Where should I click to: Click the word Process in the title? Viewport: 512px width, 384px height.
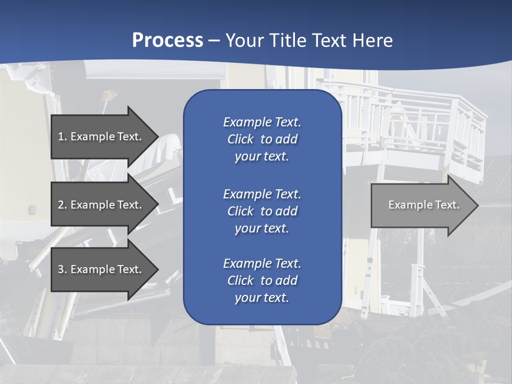click(167, 41)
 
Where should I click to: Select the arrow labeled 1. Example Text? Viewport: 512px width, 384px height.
click(101, 137)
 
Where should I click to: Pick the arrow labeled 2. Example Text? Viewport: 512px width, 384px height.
click(101, 205)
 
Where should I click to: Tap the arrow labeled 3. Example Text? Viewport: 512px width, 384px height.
click(101, 269)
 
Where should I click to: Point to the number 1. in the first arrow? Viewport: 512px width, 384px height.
click(62, 137)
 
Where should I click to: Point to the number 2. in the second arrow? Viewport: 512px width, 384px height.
click(62, 205)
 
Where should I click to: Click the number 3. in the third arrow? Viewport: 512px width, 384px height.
click(62, 269)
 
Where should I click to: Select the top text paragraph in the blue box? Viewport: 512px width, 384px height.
click(262, 139)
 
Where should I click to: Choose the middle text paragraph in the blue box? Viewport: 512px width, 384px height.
click(262, 211)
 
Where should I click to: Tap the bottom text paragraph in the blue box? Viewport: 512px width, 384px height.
click(262, 281)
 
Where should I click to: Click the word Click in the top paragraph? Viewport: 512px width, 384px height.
click(240, 139)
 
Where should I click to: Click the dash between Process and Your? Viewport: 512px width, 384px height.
click(214, 41)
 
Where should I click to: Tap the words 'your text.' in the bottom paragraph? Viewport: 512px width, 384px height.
click(262, 298)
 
